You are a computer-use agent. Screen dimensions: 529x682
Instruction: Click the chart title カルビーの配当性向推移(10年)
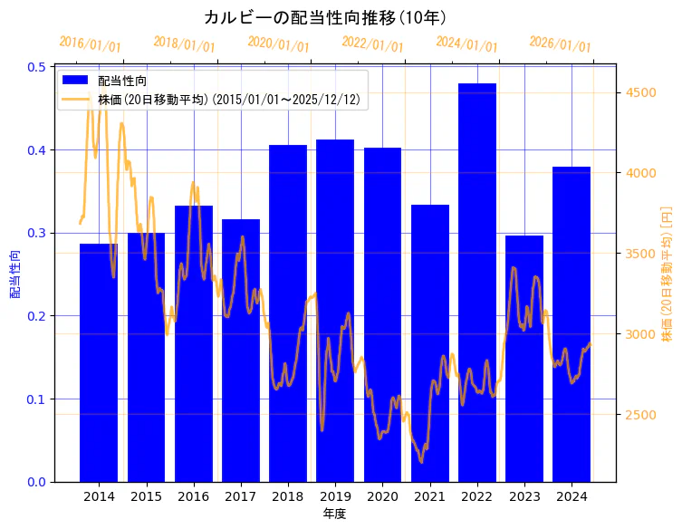tap(325, 17)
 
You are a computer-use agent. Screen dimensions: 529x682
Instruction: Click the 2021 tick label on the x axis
tap(430, 496)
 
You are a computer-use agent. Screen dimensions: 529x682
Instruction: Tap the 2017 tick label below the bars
tap(241, 496)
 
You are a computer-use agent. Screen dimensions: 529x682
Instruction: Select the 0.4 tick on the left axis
tap(37, 149)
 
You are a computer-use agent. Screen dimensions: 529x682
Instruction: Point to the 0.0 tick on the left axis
tap(37, 482)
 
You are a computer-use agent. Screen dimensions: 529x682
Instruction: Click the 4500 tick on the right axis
tap(640, 92)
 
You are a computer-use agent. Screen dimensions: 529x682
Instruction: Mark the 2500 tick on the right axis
tap(640, 415)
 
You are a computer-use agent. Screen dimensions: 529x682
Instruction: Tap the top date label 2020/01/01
tap(278, 44)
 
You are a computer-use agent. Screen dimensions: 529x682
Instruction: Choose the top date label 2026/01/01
tap(560, 44)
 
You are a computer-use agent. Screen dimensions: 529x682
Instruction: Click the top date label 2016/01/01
tap(90, 44)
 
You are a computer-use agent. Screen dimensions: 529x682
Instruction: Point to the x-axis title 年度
tap(335, 514)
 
